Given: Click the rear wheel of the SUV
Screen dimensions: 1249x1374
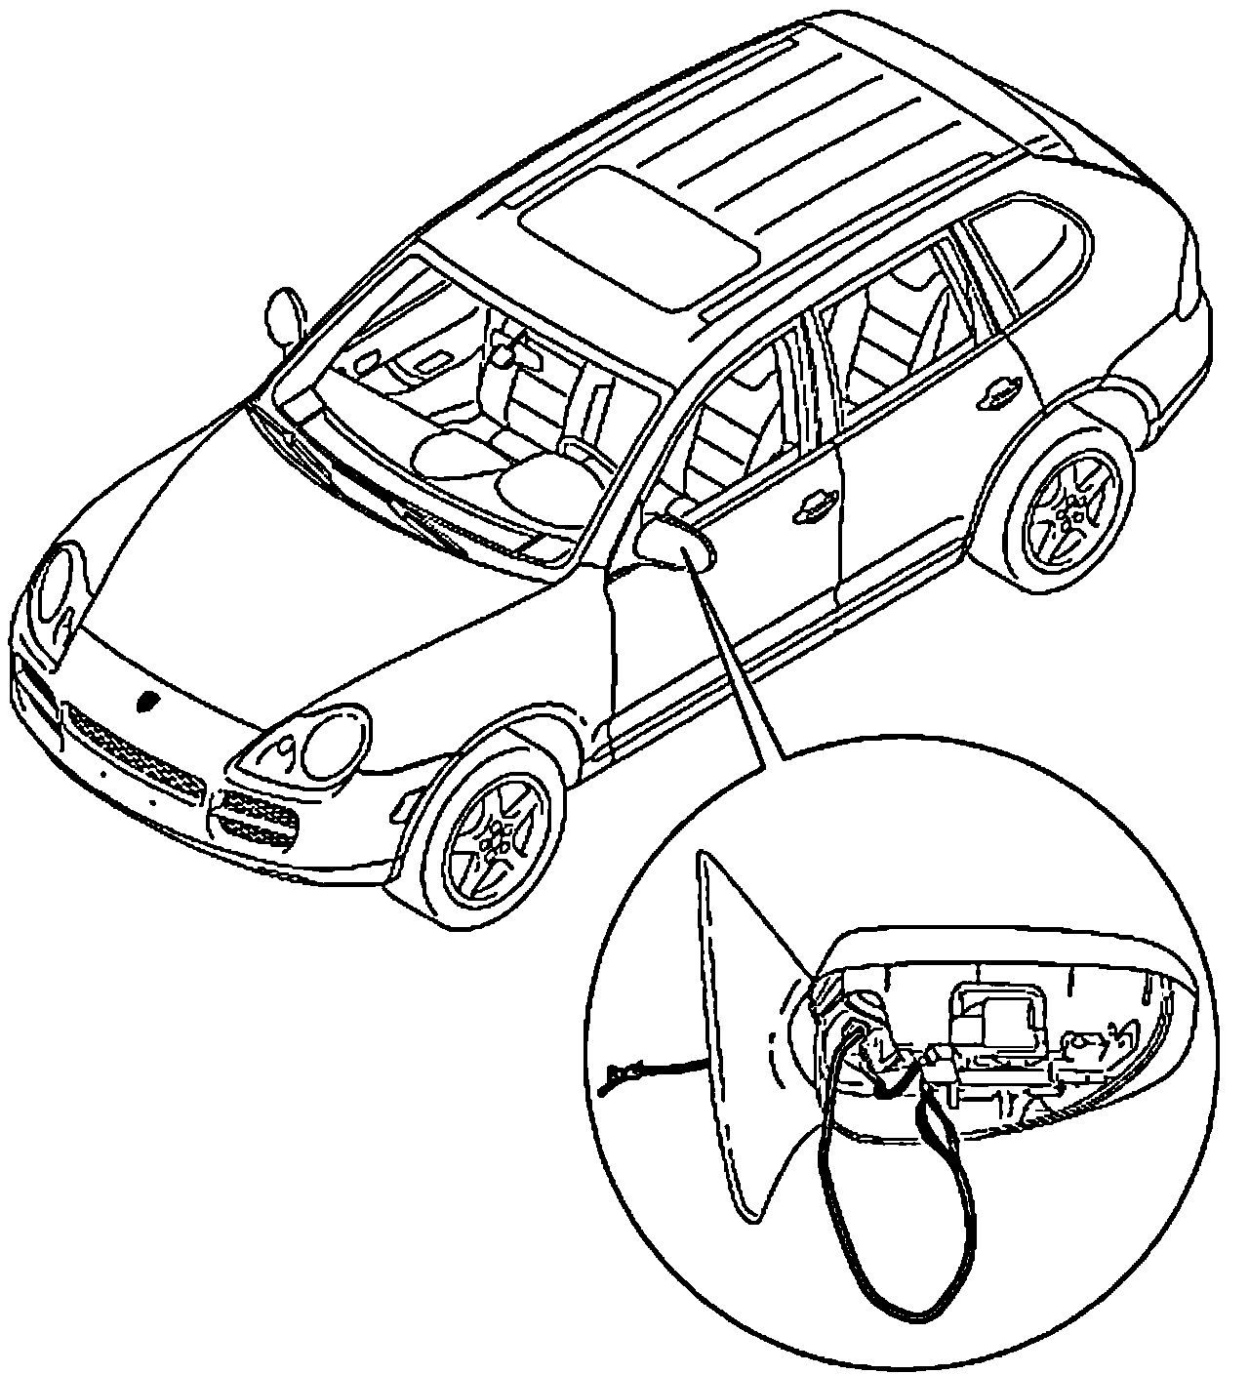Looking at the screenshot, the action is pyautogui.click(x=1071, y=508).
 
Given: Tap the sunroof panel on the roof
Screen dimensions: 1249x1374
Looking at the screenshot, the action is pyautogui.click(x=639, y=238).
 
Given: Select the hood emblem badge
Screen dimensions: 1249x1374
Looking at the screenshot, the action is pyautogui.click(x=149, y=702).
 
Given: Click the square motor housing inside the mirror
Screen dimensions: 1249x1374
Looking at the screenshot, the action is pyautogui.click(x=996, y=1020).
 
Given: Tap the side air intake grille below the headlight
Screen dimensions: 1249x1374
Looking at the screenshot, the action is pyautogui.click(x=256, y=820).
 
